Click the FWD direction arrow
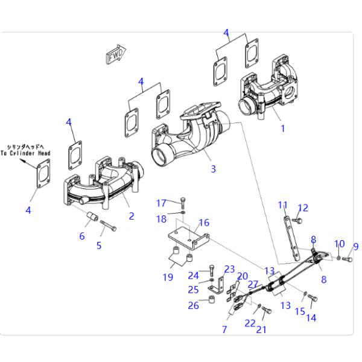click(116, 54)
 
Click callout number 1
click(282, 128)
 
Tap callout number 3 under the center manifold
click(213, 169)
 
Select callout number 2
click(132, 215)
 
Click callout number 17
click(161, 202)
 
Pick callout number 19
click(167, 277)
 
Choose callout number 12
click(303, 208)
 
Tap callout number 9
click(355, 246)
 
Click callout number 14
click(311, 318)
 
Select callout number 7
click(224, 329)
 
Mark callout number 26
click(192, 305)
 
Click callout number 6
click(82, 236)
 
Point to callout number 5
click(100, 245)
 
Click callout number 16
click(204, 223)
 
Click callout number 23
click(229, 268)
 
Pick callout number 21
click(261, 329)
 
